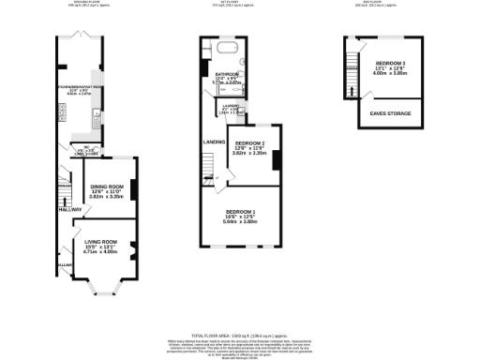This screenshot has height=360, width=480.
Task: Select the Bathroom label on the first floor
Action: click(x=227, y=73)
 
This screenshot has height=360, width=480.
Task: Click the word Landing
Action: click(x=214, y=142)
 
